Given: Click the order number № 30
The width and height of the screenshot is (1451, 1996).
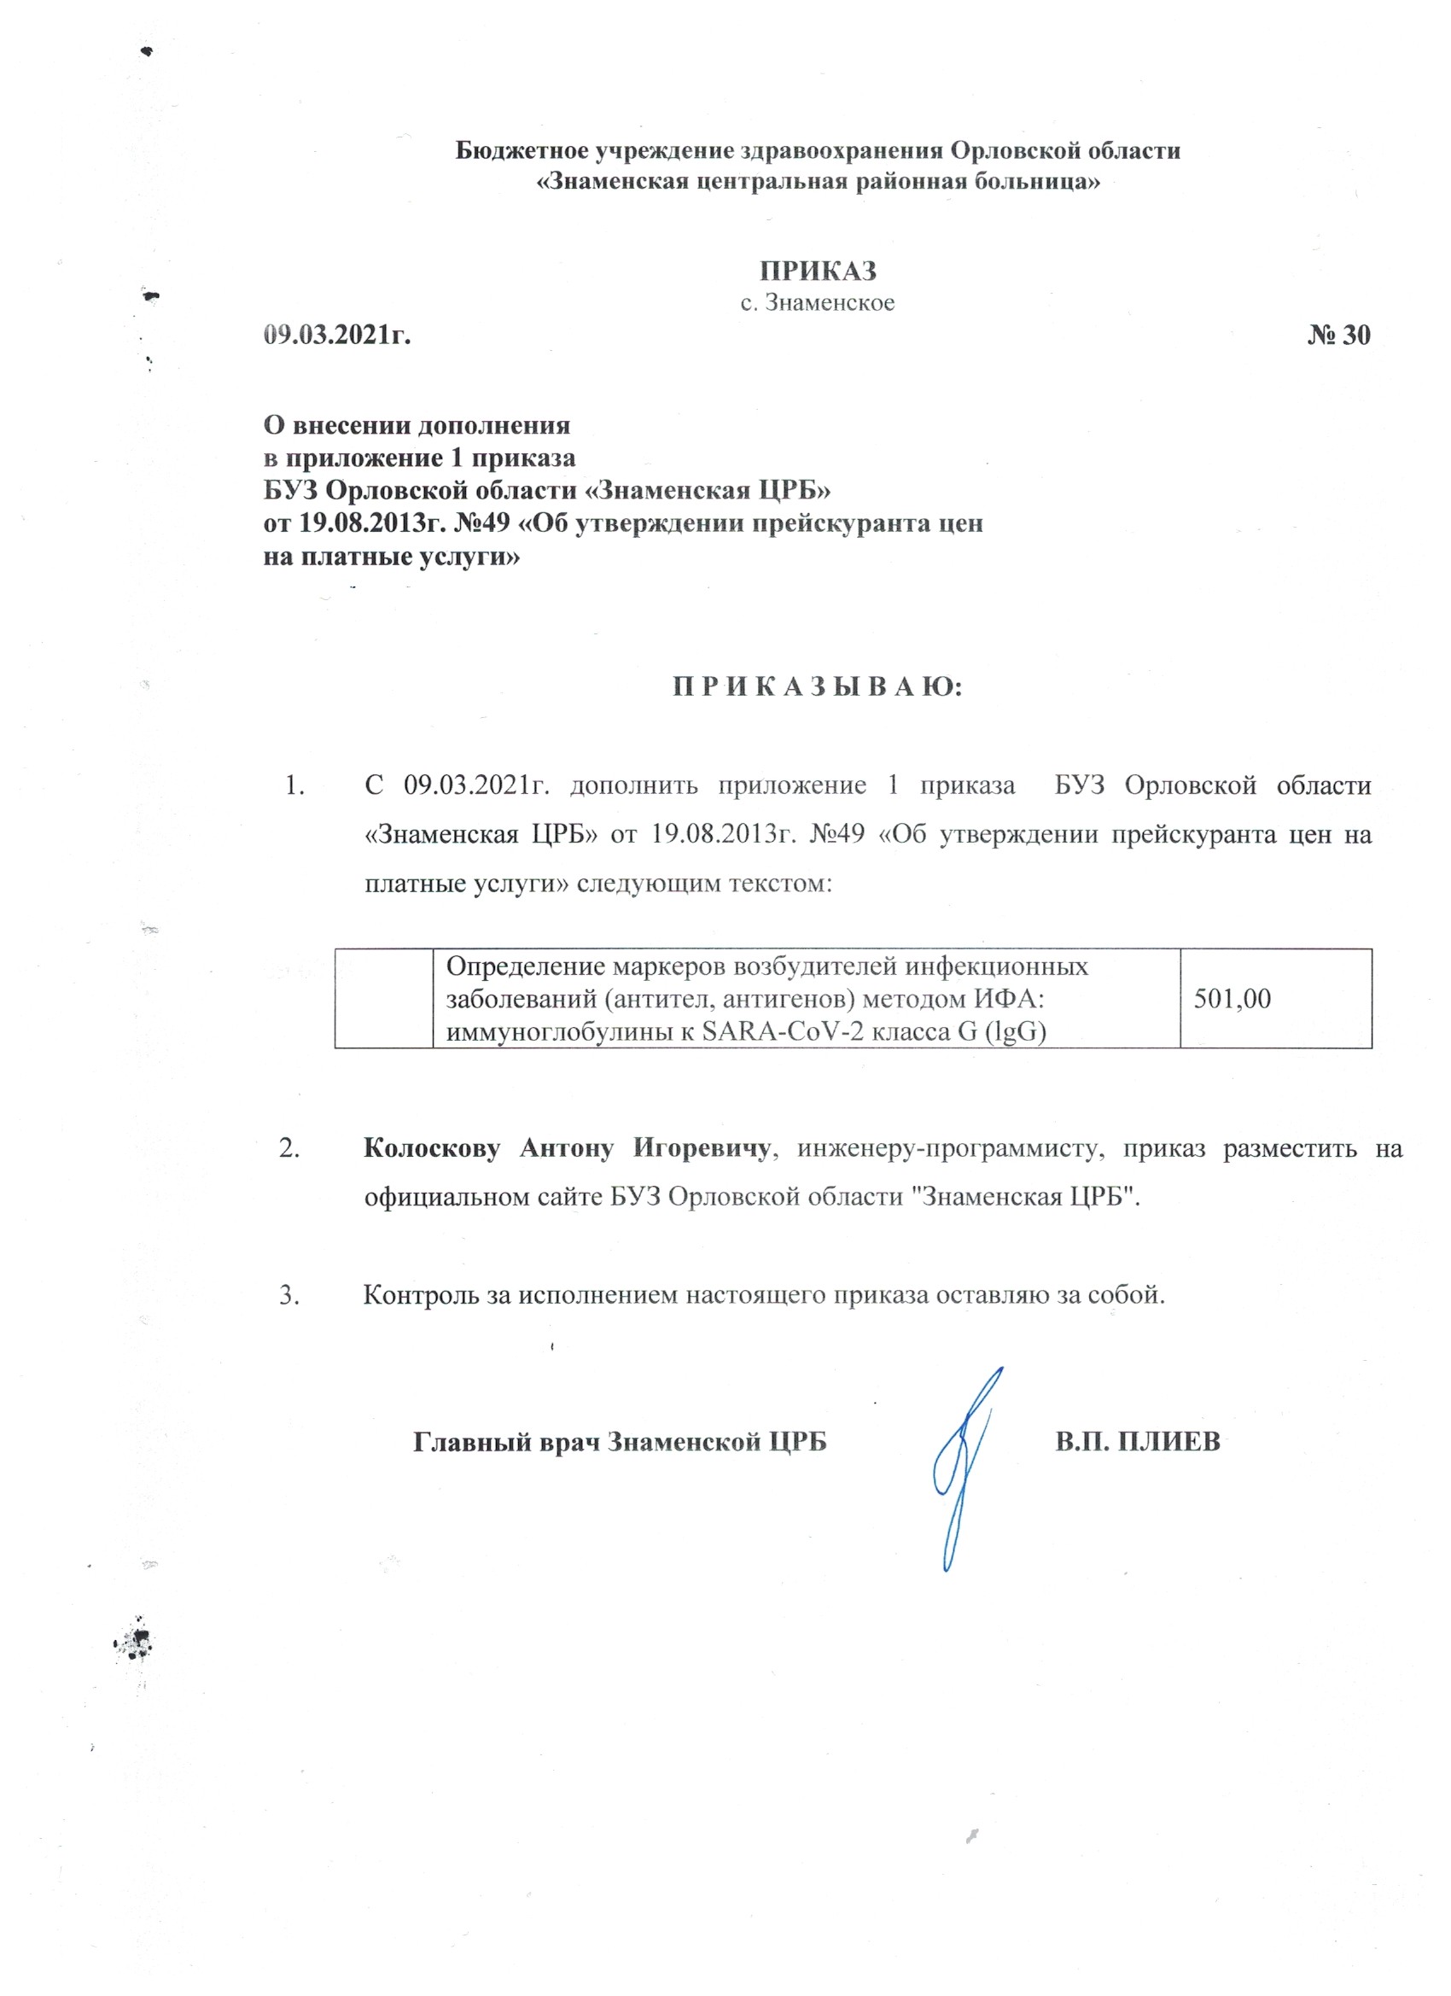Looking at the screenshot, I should (1337, 336).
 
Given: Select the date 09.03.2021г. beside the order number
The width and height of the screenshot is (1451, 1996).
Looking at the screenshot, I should (338, 336).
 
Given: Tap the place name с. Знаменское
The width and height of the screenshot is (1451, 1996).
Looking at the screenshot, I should (818, 304).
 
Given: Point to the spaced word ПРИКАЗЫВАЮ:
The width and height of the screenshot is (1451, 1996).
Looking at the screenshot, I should (818, 686).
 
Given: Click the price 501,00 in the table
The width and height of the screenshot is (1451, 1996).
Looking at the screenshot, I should (1232, 998).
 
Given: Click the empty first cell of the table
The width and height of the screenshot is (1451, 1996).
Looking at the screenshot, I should (383, 998).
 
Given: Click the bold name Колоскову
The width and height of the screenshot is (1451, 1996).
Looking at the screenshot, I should (431, 1148).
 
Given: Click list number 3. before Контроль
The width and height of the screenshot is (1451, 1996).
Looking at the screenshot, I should (289, 1294).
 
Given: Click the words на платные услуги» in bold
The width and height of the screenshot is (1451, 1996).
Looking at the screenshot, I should (392, 557).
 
